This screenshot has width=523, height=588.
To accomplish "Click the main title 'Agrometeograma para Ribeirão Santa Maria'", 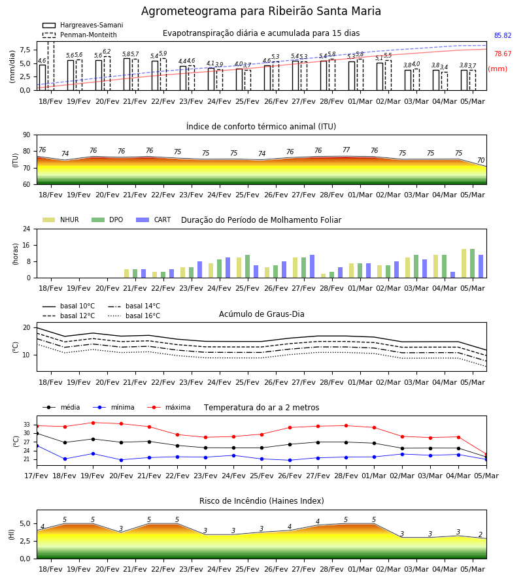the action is click(261, 11).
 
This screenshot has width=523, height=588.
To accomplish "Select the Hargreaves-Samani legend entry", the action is click(82, 25).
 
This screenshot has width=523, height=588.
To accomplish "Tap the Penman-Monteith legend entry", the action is click(80, 35).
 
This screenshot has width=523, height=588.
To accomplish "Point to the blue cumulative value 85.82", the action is click(503, 36).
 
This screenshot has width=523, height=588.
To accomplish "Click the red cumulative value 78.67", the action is click(503, 54).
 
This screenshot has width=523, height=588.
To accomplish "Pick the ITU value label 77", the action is click(346, 150).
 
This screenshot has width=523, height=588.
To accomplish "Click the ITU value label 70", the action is click(481, 160).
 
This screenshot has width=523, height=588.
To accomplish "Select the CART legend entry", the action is click(153, 220).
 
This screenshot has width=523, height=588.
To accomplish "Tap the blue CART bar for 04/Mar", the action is click(453, 275).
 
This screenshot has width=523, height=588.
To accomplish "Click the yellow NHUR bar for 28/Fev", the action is click(324, 276).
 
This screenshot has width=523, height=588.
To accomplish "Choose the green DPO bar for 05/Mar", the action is click(473, 264).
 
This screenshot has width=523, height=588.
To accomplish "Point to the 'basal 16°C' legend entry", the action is click(134, 316).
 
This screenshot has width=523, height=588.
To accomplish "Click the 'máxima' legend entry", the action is click(169, 407).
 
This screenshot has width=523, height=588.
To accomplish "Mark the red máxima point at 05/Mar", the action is click(486, 455).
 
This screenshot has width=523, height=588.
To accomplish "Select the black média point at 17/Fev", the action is click(37, 434).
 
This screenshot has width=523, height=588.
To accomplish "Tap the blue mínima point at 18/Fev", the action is click(65, 459).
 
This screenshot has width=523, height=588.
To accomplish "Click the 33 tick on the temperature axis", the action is click(27, 425).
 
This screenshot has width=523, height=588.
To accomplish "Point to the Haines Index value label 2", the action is click(481, 534).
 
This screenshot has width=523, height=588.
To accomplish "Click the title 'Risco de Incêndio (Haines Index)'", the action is click(261, 501).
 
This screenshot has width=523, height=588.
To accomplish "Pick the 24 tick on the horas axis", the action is click(27, 229).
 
